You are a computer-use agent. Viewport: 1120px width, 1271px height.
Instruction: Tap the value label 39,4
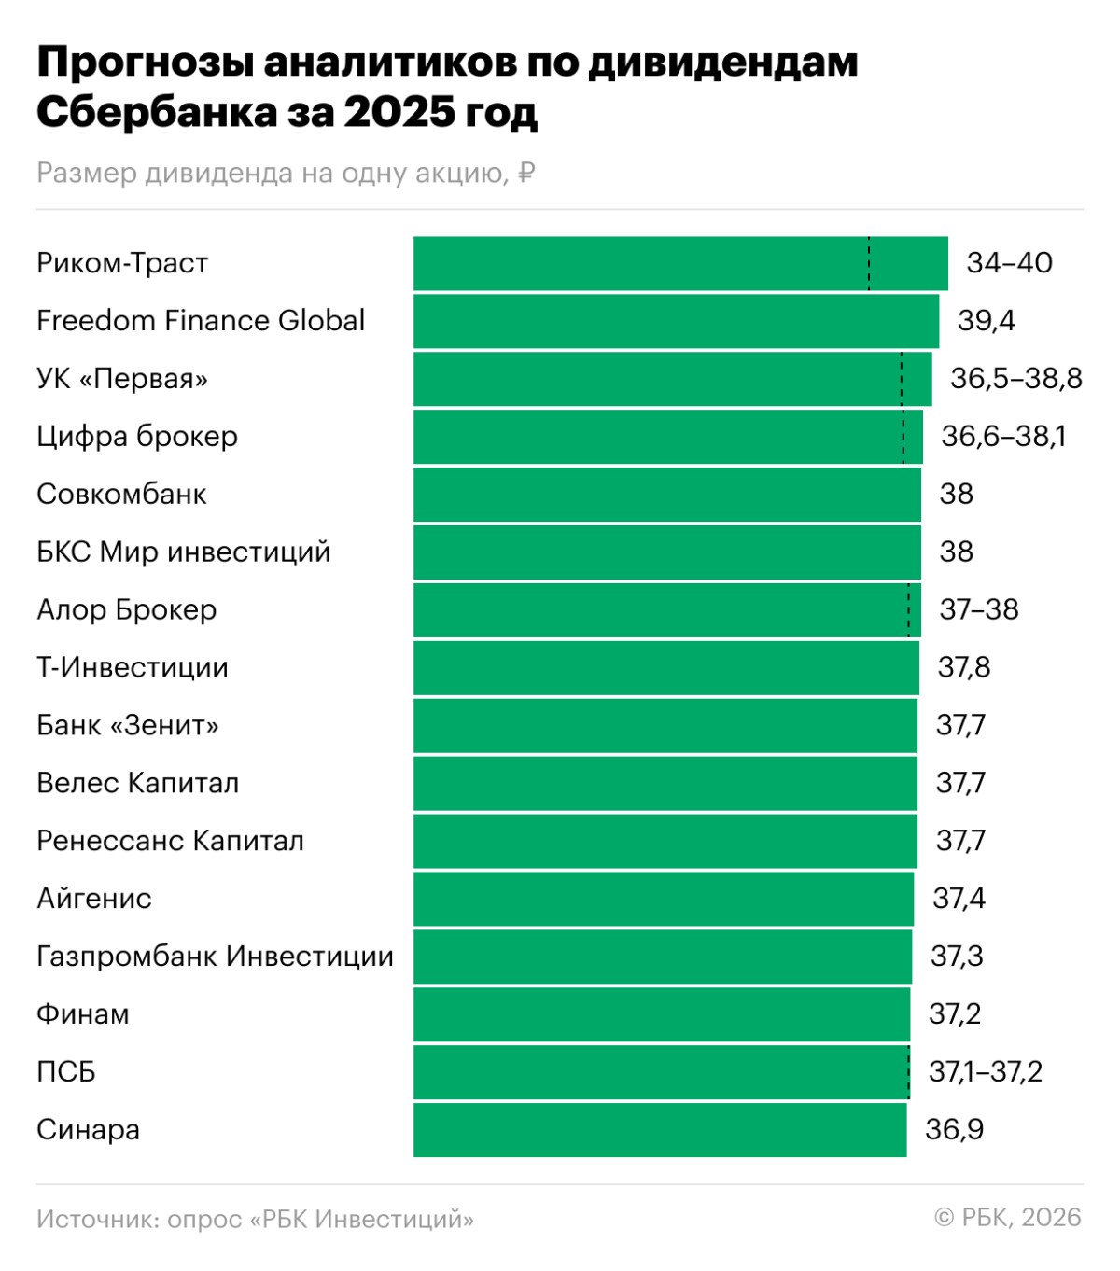pyautogui.click(x=986, y=321)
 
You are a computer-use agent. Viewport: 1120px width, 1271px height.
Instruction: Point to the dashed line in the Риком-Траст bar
pyautogui.click(x=869, y=263)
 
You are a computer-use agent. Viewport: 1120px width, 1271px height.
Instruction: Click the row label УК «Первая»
pyautogui.click(x=122, y=379)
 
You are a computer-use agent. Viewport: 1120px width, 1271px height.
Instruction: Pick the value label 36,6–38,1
pyautogui.click(x=1003, y=437)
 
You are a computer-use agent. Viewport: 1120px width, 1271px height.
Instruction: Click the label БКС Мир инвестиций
pyautogui.click(x=183, y=552)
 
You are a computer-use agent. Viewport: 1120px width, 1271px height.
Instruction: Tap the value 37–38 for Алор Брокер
pyautogui.click(x=979, y=610)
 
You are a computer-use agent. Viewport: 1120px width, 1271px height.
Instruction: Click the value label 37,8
pyautogui.click(x=964, y=668)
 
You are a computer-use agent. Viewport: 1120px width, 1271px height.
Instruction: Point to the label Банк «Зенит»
pyautogui.click(x=128, y=726)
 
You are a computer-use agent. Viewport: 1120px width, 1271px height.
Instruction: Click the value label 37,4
pyautogui.click(x=959, y=899)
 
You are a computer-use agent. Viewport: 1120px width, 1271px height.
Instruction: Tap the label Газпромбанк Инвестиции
pyautogui.click(x=215, y=957)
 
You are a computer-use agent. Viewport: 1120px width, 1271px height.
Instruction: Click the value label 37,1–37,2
pyautogui.click(x=985, y=1072)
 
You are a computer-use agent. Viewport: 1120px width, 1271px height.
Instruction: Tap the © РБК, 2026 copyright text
pyautogui.click(x=1008, y=1218)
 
